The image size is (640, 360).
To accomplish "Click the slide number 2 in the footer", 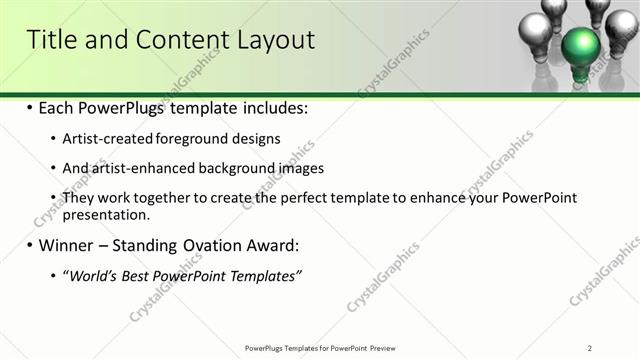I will pos(590,348).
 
